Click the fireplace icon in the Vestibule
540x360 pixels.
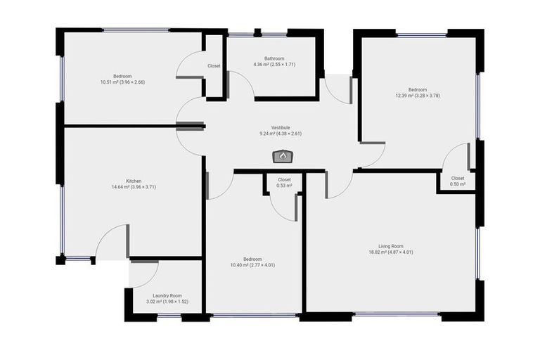coord(283,157)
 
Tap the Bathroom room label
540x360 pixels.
coord(274,58)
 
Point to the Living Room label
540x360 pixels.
coord(391,246)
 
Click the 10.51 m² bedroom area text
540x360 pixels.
coord(122,82)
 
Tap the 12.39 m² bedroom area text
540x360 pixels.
coord(417,96)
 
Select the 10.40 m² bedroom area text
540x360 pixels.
coord(252,265)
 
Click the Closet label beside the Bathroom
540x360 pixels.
coord(214,66)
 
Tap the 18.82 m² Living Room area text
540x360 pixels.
coord(391,252)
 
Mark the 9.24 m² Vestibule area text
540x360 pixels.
coord(281,134)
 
